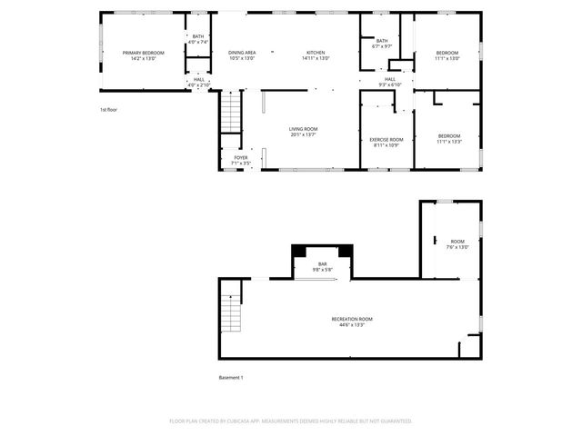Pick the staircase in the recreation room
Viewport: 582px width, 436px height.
click(x=235, y=314)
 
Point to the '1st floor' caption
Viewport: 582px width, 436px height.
click(x=108, y=109)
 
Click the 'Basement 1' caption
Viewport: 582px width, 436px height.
click(x=231, y=377)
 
